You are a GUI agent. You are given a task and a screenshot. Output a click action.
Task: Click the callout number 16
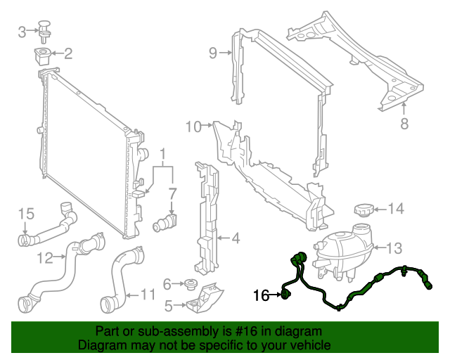point(261,296)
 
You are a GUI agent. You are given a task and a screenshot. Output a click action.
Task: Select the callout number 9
point(213,52)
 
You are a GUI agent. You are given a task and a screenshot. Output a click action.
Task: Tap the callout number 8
point(404,124)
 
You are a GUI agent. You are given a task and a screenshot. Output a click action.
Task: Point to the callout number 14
point(396,208)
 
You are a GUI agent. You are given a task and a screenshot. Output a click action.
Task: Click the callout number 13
point(394,247)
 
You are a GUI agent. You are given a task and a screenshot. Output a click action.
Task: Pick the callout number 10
point(193,127)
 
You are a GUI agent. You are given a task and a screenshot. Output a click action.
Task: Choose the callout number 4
point(236,238)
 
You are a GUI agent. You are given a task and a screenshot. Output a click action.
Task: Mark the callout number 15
point(26,214)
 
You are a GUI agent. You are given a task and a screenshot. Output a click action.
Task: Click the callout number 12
point(45,258)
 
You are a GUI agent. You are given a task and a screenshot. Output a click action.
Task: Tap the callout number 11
point(148,294)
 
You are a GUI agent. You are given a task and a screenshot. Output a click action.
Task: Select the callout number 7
point(172,192)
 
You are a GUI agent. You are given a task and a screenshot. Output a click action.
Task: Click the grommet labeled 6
point(190,285)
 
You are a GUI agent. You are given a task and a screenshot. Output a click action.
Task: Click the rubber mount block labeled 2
point(44,53)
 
